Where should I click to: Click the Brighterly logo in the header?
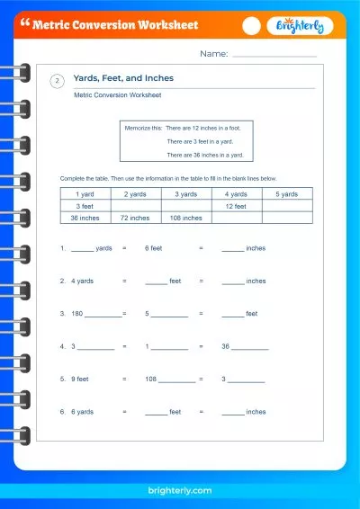(301, 26)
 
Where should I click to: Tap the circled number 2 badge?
(57, 82)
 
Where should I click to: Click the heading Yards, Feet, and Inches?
(123, 78)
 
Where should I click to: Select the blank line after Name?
(274, 55)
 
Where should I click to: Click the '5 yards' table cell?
(287, 194)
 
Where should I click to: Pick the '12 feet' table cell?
(236, 206)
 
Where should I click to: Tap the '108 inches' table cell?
(185, 218)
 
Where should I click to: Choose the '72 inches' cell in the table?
(135, 218)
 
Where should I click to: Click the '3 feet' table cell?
(85, 206)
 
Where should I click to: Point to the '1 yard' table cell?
(85, 194)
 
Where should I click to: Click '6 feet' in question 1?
(153, 247)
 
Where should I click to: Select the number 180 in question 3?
(76, 314)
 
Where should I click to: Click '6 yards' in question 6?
(82, 412)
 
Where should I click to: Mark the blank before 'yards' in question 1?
(82, 248)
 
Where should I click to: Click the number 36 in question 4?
(226, 346)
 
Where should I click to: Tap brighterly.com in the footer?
(180, 490)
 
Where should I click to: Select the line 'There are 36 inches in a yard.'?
(205, 155)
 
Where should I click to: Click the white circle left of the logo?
(252, 26)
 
